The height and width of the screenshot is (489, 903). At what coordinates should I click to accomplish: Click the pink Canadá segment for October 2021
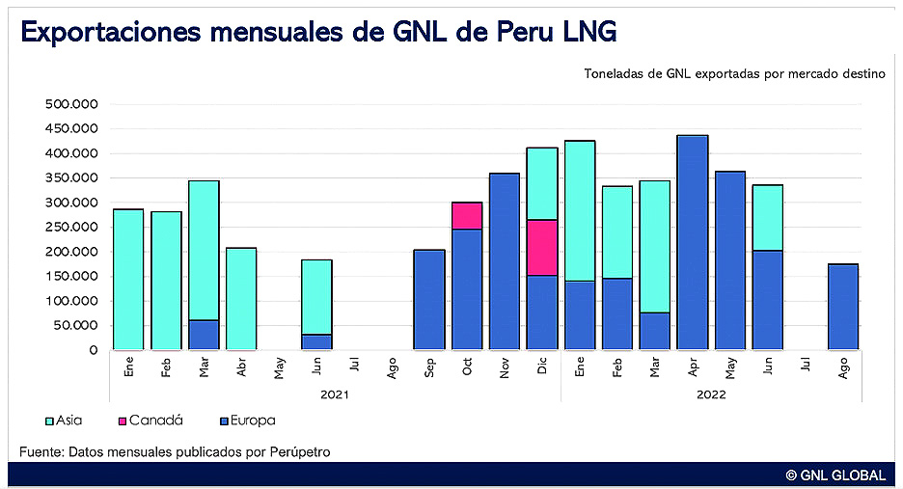[x=467, y=216]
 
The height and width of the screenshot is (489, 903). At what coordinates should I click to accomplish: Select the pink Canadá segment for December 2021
[x=542, y=247]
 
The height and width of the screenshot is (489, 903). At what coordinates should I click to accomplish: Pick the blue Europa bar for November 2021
[x=505, y=261]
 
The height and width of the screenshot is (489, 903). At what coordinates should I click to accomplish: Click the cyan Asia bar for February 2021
[x=166, y=280]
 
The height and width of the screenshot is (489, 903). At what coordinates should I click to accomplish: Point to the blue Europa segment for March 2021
[x=204, y=335]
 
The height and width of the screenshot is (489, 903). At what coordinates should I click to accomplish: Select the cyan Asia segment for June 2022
[x=768, y=217]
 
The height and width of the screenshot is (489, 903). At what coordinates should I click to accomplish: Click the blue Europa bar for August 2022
[x=843, y=307]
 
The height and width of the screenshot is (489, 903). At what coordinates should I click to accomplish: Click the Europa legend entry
[x=246, y=421]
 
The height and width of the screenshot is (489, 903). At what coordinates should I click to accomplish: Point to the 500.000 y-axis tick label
[x=71, y=104]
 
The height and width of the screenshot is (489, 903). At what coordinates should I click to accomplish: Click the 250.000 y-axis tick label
[x=71, y=227]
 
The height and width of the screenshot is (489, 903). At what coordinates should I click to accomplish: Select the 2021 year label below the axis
[x=335, y=394]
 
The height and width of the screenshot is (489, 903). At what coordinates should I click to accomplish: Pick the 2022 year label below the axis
[x=711, y=394]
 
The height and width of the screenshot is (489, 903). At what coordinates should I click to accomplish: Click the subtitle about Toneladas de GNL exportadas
[x=734, y=74]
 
